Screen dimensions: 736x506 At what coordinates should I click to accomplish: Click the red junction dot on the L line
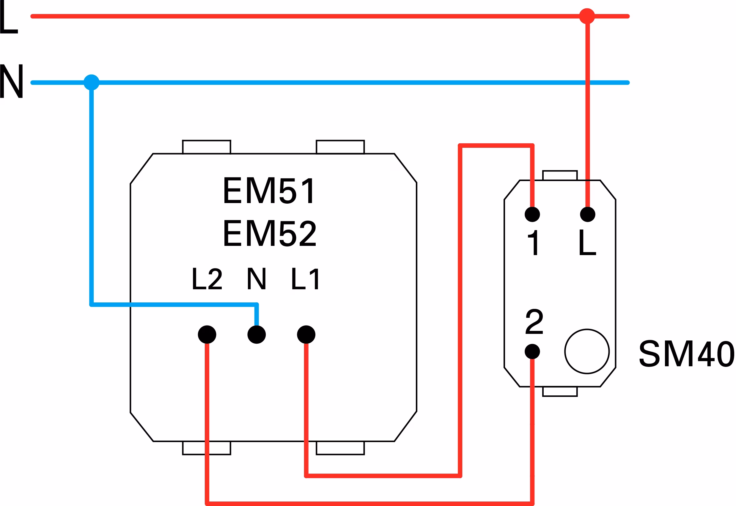coord(587,16)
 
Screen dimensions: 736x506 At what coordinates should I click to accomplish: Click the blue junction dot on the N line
coord(92,82)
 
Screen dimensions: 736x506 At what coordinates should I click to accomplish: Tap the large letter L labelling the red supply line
coord(9,16)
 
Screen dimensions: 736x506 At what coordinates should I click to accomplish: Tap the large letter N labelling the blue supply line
coord(11,81)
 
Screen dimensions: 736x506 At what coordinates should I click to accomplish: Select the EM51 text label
coord(269,190)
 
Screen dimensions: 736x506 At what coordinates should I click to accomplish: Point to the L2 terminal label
coord(207,278)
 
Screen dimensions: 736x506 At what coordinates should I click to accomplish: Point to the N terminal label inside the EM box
coord(257,278)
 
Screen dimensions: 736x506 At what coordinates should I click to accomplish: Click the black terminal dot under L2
coord(207,334)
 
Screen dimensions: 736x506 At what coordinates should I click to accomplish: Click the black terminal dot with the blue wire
coord(257,334)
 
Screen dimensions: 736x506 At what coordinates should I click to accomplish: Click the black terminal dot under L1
coord(306,334)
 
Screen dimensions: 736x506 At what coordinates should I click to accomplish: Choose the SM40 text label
coord(687,353)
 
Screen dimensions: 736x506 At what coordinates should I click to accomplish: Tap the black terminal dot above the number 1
coord(532,214)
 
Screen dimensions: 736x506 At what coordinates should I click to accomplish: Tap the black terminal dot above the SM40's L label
coord(588,214)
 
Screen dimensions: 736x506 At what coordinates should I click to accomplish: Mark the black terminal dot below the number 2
coord(532,351)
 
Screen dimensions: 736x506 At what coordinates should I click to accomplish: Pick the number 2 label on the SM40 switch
coord(534,321)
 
